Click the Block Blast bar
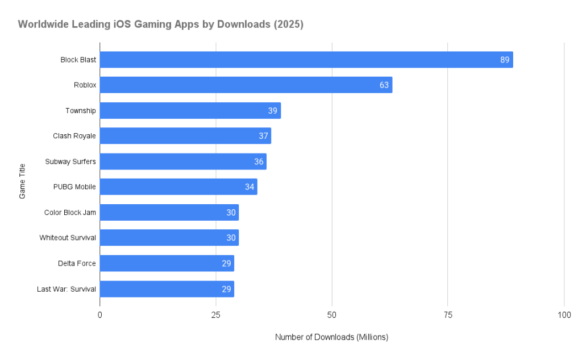click(306, 60)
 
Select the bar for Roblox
click(246, 85)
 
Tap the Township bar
click(190, 110)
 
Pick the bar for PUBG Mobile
click(178, 187)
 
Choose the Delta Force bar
click(167, 263)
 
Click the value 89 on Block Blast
click(505, 60)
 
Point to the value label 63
click(384, 85)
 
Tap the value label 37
click(263, 136)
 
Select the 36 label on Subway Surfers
click(259, 162)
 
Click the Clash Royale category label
click(74, 136)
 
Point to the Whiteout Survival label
click(68, 238)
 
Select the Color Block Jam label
click(70, 212)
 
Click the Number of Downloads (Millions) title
click(331, 337)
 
